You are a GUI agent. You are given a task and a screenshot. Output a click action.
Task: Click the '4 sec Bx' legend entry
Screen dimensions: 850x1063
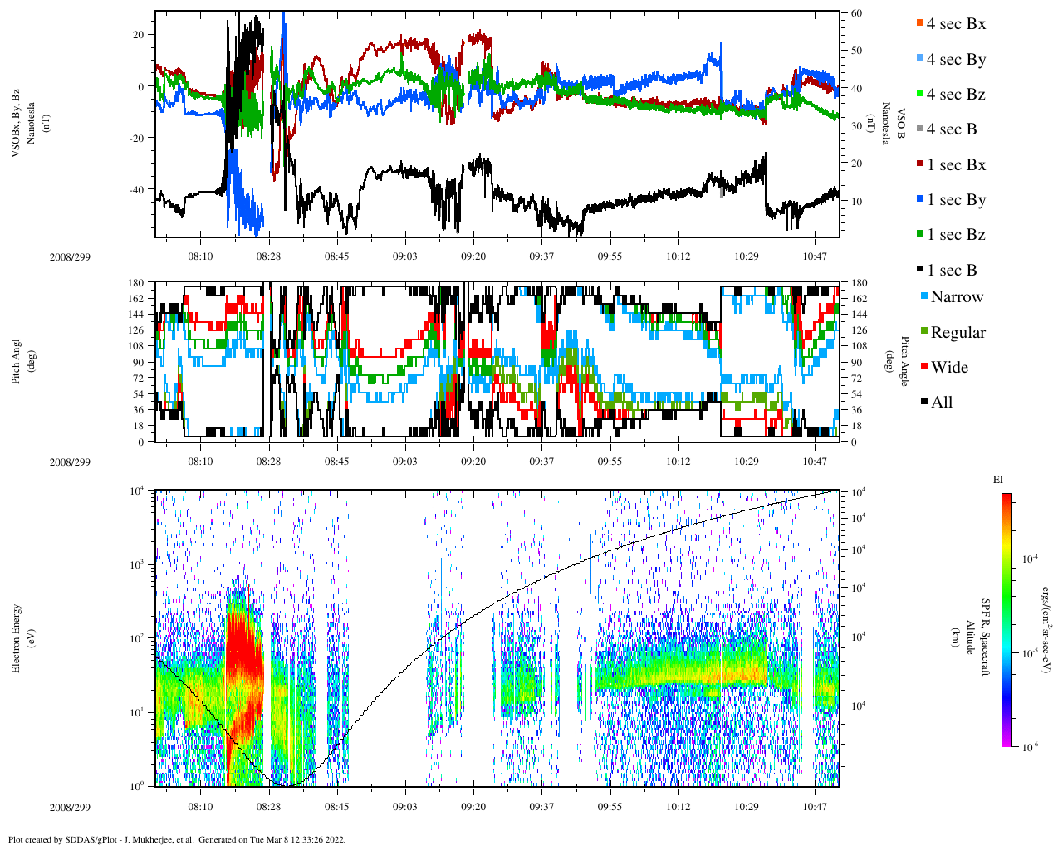click(x=956, y=24)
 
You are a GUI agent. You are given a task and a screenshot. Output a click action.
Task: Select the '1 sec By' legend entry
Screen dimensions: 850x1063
click(x=956, y=200)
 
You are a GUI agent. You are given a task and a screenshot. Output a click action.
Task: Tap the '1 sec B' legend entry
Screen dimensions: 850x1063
click(x=952, y=271)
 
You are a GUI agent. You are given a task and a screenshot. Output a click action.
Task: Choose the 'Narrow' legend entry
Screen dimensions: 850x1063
click(x=957, y=297)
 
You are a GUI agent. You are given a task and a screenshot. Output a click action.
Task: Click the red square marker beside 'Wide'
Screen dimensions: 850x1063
click(x=924, y=368)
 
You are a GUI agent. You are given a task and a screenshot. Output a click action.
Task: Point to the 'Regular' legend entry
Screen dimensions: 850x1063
click(x=958, y=333)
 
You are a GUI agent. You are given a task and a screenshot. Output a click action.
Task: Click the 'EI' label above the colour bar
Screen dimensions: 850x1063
click(x=997, y=480)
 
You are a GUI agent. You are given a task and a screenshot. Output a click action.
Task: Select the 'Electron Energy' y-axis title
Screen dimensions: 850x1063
click(x=17, y=637)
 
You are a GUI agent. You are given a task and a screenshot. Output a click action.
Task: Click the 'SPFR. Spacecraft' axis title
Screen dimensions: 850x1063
click(x=986, y=637)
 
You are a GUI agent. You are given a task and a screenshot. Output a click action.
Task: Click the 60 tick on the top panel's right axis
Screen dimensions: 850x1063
click(x=855, y=13)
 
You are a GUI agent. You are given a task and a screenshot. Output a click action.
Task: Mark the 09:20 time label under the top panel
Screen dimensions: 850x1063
click(x=473, y=256)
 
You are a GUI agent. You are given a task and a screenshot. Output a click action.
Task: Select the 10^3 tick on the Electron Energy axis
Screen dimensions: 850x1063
click(x=136, y=564)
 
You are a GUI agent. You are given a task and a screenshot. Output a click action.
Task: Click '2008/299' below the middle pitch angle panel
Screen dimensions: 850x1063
click(x=70, y=462)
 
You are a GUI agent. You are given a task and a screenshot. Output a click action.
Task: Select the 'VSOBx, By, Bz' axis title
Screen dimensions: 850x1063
click(x=17, y=125)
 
